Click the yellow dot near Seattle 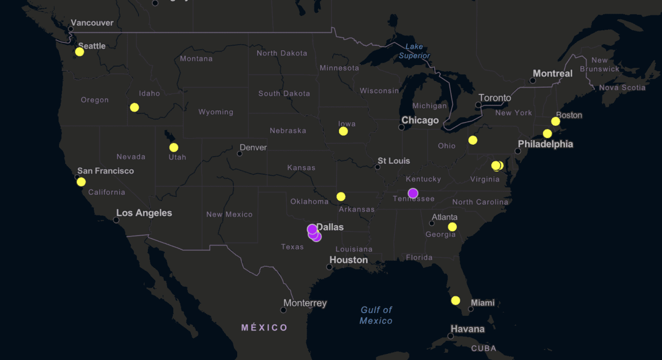(79, 52)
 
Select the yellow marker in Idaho (134, 108)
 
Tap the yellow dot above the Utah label (174, 147)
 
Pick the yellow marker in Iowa (343, 131)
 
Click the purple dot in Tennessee (413, 193)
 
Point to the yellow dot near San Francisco (81, 182)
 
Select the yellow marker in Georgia (452, 227)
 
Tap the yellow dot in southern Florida (455, 300)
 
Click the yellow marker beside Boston (556, 121)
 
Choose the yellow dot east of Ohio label (473, 140)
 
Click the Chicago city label (420, 120)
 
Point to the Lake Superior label (414, 51)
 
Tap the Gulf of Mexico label (376, 315)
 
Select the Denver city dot (239, 153)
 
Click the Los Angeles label (144, 213)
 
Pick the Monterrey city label (305, 303)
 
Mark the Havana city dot (451, 336)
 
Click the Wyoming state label (216, 112)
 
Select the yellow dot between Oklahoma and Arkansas (341, 197)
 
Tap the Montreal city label (552, 73)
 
